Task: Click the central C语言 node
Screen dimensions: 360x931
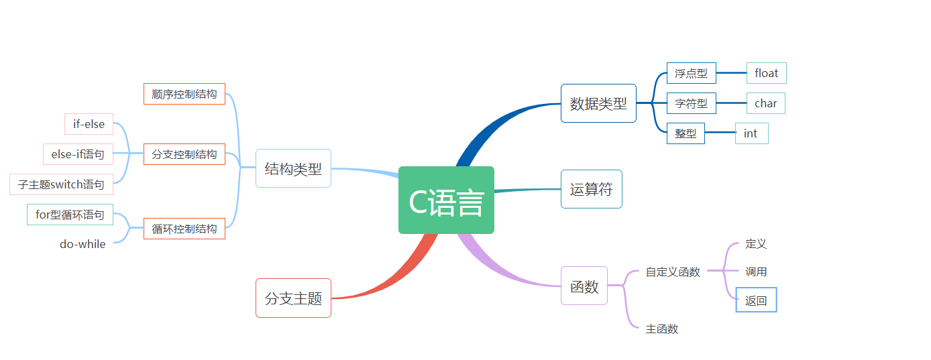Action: coord(446,200)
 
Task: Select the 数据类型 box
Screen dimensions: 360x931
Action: coord(598,103)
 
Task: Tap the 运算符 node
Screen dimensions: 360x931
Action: coord(591,189)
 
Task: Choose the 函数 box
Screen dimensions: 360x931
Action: coord(584,286)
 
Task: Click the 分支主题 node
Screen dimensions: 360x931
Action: coord(293,298)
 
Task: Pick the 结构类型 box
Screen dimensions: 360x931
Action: coord(293,168)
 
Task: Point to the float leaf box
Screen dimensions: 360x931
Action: coord(766,73)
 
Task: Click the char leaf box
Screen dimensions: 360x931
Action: coord(765,103)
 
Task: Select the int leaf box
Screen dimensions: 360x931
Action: coord(751,133)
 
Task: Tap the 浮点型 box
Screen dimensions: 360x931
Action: coord(691,73)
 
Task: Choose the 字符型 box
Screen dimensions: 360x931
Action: coord(691,103)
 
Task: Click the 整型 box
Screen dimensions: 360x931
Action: coord(686,133)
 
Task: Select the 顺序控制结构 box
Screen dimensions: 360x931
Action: coord(184,94)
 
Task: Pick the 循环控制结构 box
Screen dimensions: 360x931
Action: coord(184,229)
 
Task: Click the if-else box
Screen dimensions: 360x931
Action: coord(89,124)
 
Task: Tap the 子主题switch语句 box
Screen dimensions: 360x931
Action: coord(61,184)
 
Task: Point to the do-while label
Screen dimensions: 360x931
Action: coord(83,244)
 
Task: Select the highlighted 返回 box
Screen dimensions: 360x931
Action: coord(756,300)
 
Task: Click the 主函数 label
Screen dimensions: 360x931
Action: coord(662,328)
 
